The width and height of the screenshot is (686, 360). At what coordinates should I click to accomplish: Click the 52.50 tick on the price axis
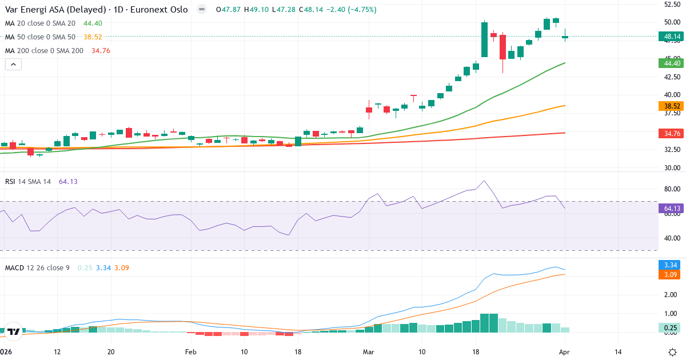pos(671,4)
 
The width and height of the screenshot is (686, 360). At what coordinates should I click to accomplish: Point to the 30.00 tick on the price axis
pos(671,168)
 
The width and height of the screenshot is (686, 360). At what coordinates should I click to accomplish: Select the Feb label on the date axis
pos(191,351)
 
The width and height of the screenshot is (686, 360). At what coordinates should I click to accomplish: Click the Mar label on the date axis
pos(367,351)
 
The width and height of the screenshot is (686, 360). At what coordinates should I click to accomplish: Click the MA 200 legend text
pos(44,50)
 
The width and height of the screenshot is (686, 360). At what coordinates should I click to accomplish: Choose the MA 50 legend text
pos(40,37)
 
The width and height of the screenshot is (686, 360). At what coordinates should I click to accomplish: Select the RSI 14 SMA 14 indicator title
pos(28,181)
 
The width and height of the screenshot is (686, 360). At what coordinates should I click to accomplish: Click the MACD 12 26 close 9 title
pos(37,267)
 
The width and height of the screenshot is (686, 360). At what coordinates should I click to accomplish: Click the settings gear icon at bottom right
pos(673,351)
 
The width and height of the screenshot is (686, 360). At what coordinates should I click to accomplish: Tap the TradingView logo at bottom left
pos(14,331)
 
